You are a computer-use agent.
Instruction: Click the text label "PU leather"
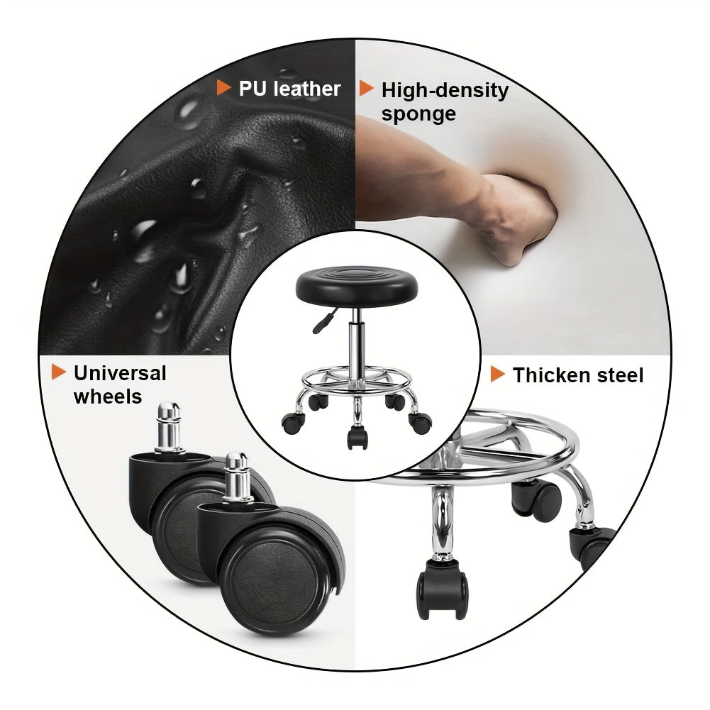tap(289, 89)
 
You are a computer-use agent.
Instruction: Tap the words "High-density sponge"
tap(445, 102)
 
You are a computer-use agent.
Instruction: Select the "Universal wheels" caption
tap(120, 385)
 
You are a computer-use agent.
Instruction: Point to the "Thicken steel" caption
tap(577, 375)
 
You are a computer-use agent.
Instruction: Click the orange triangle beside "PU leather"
tap(223, 87)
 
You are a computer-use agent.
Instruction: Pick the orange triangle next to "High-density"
tap(366, 88)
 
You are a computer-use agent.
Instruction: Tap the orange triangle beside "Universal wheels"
tap(58, 372)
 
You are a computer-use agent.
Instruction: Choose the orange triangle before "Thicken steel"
tap(498, 374)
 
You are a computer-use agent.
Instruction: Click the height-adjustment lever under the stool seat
tap(324, 321)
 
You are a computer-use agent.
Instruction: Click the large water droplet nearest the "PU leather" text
tap(189, 114)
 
